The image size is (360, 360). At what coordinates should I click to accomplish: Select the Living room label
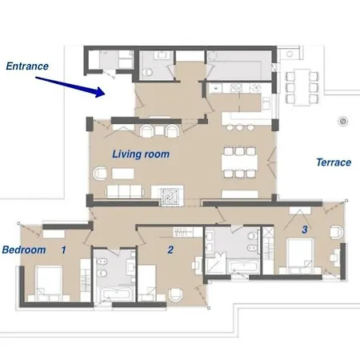click(x=140, y=154)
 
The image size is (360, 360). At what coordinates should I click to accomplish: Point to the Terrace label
click(x=333, y=162)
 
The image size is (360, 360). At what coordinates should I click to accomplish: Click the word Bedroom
click(x=24, y=250)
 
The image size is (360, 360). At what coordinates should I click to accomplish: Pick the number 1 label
click(x=63, y=250)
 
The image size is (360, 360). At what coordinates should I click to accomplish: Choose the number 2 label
click(x=170, y=250)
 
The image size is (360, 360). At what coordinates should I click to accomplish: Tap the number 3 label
click(x=304, y=230)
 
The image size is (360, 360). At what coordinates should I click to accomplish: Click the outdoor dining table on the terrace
click(x=302, y=86)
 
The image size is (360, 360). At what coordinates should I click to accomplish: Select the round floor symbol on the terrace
click(x=342, y=121)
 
